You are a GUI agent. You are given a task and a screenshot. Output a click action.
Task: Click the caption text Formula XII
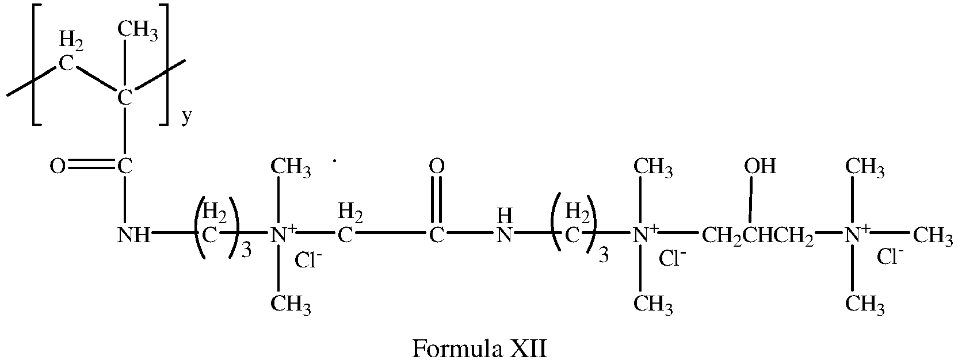point(479,348)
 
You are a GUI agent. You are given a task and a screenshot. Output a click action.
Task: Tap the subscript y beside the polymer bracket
point(186,117)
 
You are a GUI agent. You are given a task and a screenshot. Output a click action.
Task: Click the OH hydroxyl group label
point(760,166)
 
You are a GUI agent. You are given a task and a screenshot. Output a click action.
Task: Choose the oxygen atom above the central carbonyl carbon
point(437,167)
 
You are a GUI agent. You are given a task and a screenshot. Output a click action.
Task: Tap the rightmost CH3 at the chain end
point(934,236)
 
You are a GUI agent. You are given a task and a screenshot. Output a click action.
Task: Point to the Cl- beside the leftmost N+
point(308,261)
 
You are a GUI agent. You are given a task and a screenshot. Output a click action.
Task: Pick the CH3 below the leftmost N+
point(291,302)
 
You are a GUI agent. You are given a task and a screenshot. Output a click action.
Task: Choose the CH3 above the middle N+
point(653,167)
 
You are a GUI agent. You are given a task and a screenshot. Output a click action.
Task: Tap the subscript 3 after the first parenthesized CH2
point(246,251)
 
